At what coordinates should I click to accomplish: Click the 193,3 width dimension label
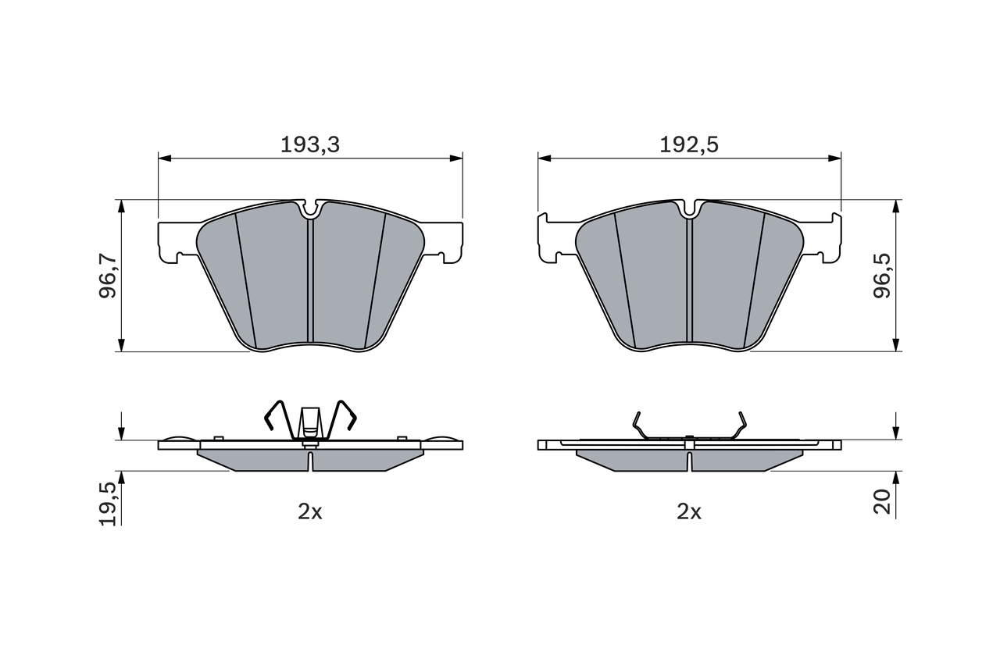click(309, 144)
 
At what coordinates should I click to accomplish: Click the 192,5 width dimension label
click(689, 144)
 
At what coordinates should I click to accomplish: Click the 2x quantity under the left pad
click(309, 511)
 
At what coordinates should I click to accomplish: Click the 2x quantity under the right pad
click(689, 511)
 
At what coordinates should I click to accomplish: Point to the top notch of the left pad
click(310, 208)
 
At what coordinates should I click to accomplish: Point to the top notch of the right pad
click(689, 208)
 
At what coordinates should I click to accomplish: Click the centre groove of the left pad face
click(310, 281)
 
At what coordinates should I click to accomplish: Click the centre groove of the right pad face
click(689, 281)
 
